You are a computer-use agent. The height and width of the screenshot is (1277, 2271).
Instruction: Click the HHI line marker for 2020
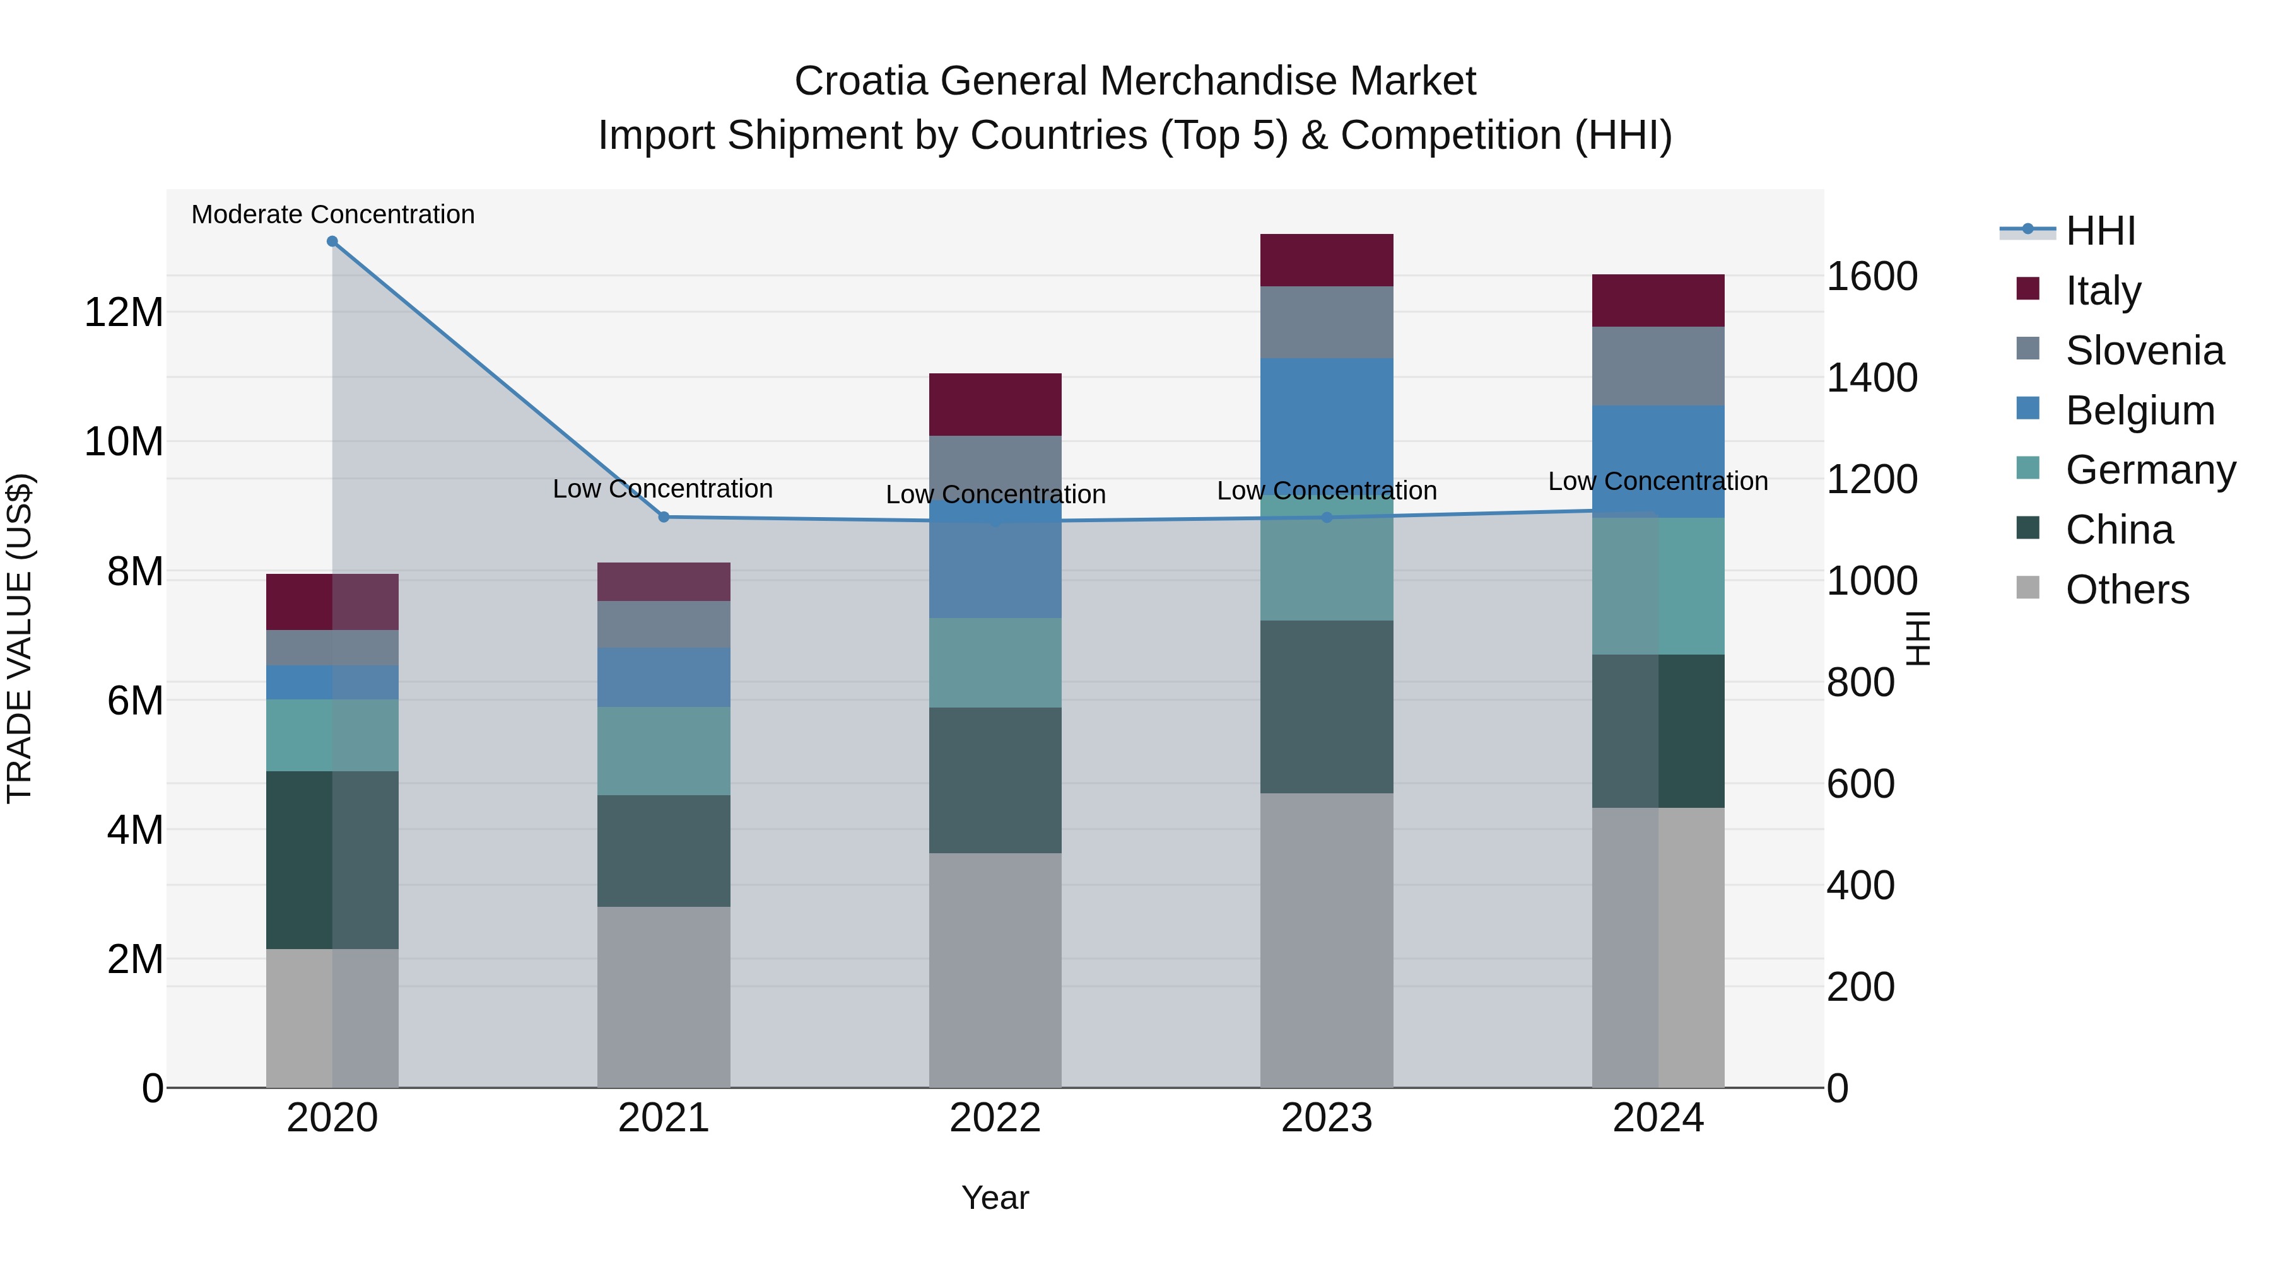(332, 242)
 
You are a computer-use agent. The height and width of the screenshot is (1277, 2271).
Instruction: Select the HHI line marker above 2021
(664, 517)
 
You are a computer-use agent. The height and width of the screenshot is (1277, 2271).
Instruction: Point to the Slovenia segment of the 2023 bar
(1326, 322)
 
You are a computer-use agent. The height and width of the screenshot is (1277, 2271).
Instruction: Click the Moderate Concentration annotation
(332, 215)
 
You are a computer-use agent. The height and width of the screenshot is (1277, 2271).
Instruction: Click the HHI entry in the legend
(2100, 231)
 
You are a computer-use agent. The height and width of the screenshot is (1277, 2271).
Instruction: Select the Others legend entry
(2127, 590)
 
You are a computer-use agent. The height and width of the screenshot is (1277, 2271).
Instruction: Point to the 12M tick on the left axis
(124, 313)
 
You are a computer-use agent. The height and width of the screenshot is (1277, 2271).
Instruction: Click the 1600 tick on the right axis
(1872, 277)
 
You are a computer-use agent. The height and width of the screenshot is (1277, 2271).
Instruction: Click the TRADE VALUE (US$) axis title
(20, 638)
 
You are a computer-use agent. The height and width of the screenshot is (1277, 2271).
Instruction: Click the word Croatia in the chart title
(860, 81)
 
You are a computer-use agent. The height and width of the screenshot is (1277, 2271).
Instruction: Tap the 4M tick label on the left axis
(135, 830)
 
